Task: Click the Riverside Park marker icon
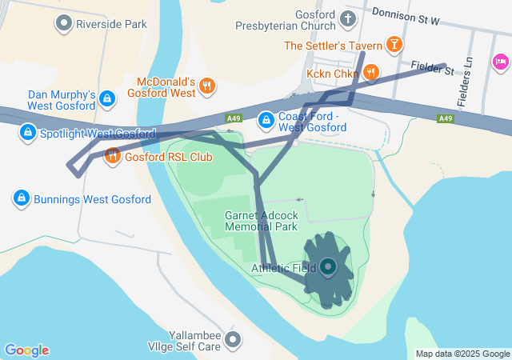point(63,24)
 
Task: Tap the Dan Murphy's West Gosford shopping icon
point(110,99)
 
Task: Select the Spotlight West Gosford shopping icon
point(27,131)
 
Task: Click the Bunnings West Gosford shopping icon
point(21,198)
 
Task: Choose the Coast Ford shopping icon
point(266,121)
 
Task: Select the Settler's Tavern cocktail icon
point(394,45)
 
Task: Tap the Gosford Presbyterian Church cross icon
point(348,18)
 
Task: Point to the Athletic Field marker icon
point(328,268)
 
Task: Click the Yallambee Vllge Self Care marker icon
point(233,340)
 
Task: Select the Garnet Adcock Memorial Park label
point(261,221)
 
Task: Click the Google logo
point(27,350)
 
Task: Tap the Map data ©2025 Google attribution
point(462,354)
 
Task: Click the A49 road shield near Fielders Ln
point(446,118)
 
